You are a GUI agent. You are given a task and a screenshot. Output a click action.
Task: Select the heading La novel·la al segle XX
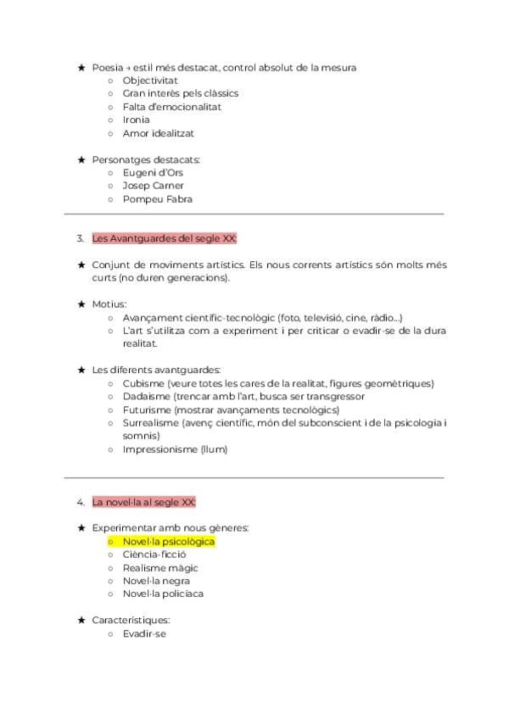[x=143, y=502]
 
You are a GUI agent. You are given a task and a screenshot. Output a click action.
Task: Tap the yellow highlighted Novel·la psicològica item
[x=168, y=541]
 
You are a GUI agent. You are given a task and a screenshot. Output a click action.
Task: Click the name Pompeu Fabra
[x=157, y=199]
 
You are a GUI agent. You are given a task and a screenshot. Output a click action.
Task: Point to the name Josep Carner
[x=153, y=186]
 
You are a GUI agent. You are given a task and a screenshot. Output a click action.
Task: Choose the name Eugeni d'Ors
[x=152, y=172]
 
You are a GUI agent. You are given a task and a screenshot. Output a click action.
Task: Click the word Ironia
[x=136, y=120]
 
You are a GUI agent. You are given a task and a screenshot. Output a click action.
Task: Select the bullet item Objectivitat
[x=150, y=81]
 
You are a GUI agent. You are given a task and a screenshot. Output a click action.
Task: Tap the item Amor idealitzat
[x=158, y=133]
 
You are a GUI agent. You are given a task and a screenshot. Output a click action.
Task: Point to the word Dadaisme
[x=147, y=396]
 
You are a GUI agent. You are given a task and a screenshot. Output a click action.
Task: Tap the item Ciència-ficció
[x=154, y=555]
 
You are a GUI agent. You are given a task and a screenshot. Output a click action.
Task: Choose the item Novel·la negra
[x=156, y=581]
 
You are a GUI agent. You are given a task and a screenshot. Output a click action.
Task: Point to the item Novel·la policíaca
[x=162, y=594]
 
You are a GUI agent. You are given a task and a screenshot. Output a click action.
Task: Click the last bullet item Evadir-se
[x=143, y=633]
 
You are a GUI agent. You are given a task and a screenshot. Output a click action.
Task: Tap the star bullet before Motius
[x=81, y=304]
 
